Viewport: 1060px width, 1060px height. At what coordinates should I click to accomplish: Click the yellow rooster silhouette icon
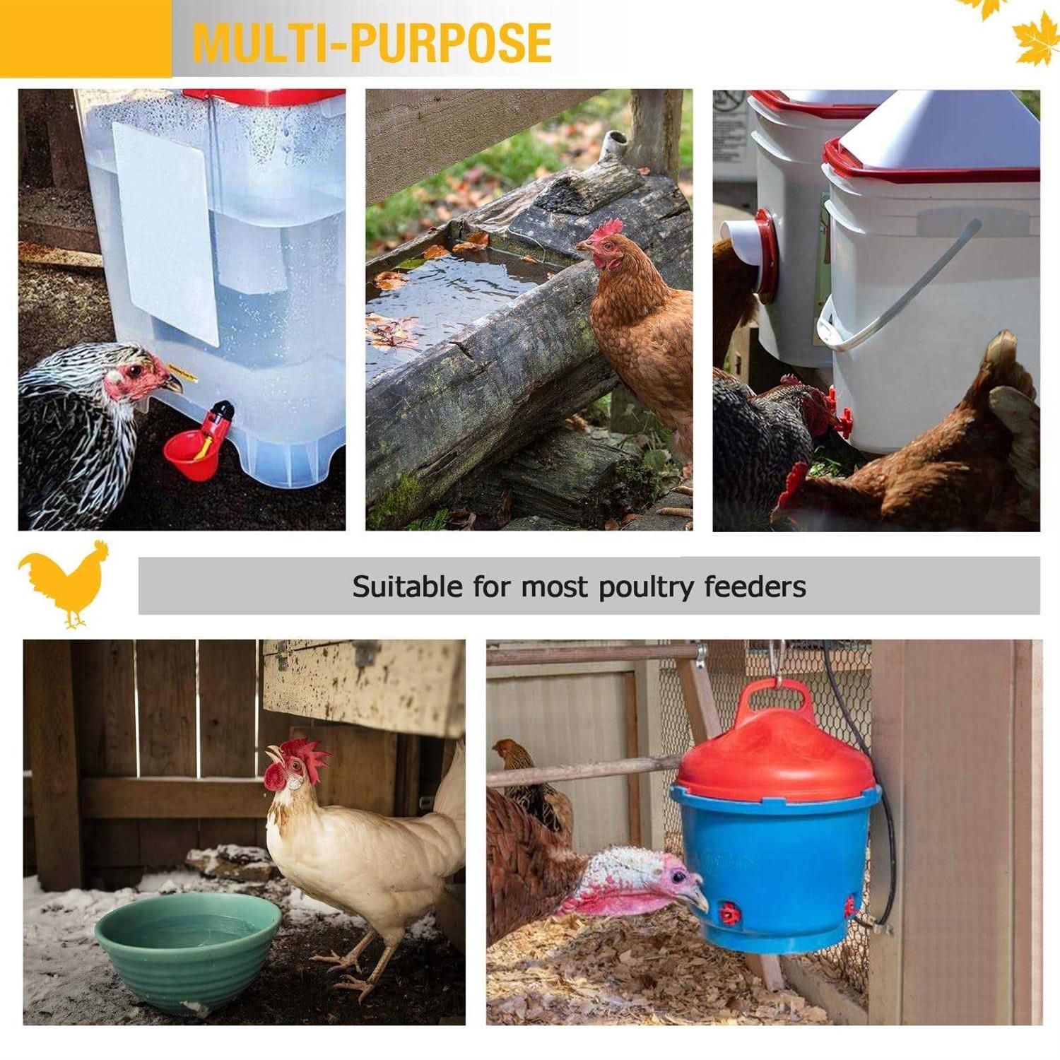tap(65, 583)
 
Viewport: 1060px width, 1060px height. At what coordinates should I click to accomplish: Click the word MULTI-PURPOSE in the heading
tap(372, 42)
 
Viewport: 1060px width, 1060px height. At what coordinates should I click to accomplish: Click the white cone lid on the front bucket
tap(940, 131)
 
